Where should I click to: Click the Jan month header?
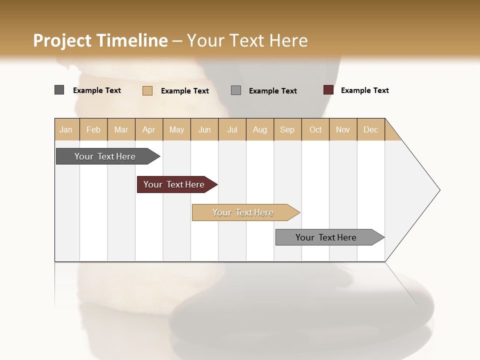click(66, 129)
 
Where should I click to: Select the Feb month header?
click(93, 129)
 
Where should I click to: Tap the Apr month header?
click(149, 129)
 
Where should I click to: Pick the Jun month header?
click(204, 129)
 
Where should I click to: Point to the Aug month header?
click(260, 129)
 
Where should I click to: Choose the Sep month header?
click(287, 129)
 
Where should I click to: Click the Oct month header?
click(315, 129)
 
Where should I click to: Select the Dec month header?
click(371, 129)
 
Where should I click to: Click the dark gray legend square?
click(59, 90)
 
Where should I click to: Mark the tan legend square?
click(147, 90)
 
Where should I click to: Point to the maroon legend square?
click(328, 90)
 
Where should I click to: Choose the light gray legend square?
click(236, 90)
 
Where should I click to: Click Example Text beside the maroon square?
click(364, 90)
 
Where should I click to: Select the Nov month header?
click(343, 129)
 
